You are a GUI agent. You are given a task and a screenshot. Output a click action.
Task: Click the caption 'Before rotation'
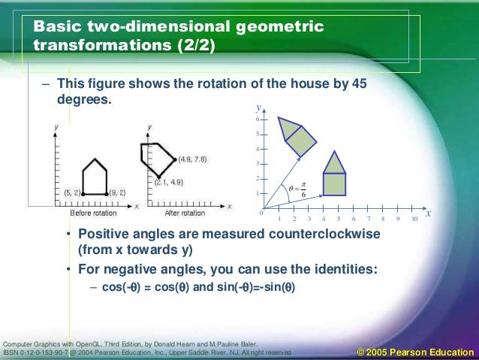[x=92, y=213]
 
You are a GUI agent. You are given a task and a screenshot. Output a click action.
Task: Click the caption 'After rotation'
[x=184, y=213]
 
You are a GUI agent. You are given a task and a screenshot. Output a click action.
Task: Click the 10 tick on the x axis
[x=414, y=219]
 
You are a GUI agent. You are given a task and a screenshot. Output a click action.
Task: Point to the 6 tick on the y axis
[x=258, y=120]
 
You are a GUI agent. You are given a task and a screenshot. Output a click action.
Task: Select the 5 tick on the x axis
[x=339, y=219]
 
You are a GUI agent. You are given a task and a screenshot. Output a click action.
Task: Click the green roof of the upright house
[x=334, y=163]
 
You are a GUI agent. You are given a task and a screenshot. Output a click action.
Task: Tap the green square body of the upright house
[x=334, y=184]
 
